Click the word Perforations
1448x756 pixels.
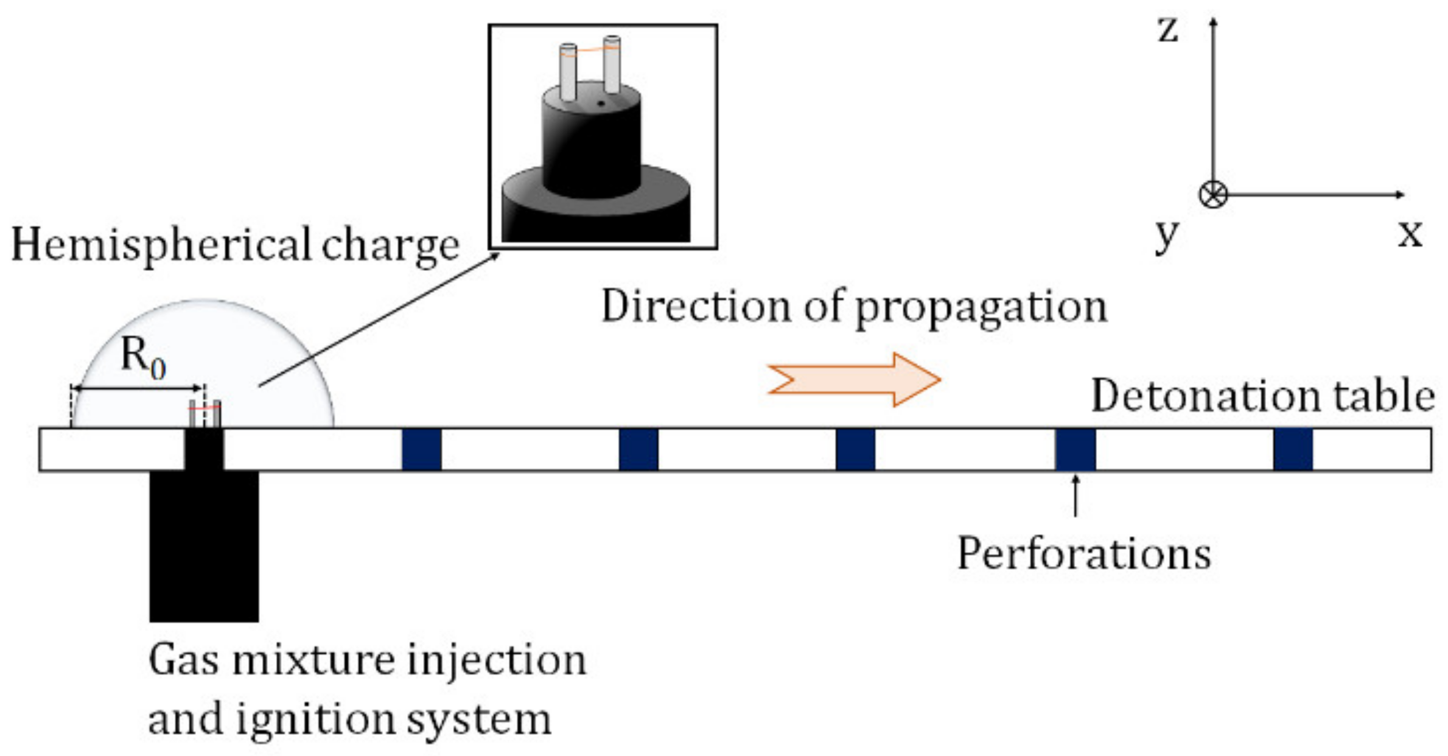1083,555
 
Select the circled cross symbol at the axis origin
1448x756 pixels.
1212,195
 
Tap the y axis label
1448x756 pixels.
1166,236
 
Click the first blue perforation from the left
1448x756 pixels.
421,449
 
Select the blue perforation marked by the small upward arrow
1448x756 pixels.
1075,449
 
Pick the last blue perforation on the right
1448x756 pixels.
1292,449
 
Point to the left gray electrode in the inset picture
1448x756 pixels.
568,72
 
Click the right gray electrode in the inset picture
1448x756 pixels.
612,65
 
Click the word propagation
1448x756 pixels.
981,308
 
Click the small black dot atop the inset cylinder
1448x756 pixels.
601,103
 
